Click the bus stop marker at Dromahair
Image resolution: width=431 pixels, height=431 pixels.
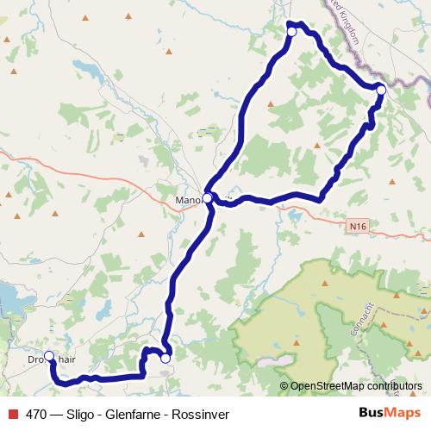tap(49, 356)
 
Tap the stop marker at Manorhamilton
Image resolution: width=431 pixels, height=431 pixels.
tap(208, 198)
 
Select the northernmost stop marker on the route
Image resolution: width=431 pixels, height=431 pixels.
tap(291, 32)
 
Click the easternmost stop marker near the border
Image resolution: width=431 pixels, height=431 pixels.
tap(380, 89)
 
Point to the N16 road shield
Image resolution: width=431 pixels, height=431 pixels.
tap(359, 226)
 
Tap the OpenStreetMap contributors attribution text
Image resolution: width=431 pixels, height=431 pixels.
tap(356, 386)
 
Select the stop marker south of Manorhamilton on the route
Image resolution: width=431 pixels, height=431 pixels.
tap(166, 358)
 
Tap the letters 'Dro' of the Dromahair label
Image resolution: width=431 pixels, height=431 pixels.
tap(34, 359)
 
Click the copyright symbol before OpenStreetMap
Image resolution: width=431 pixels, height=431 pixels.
tap(284, 386)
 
